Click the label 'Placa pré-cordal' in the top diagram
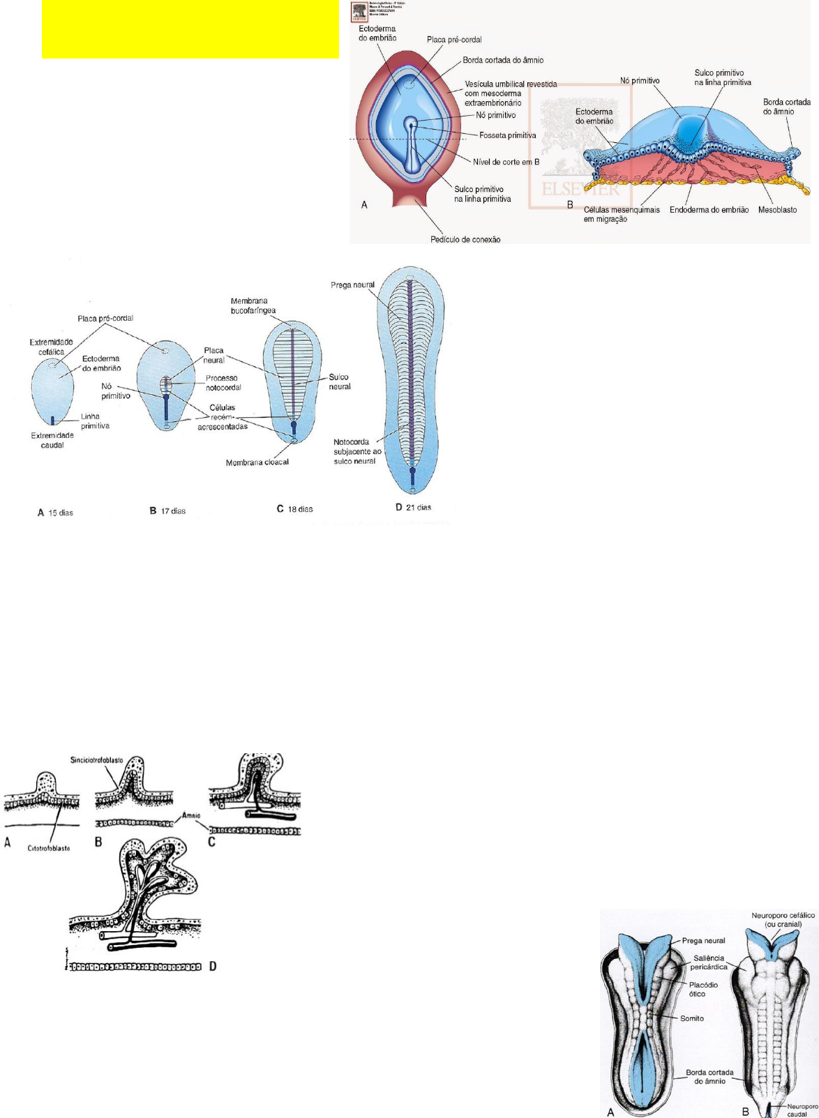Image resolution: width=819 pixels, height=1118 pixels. point(454,40)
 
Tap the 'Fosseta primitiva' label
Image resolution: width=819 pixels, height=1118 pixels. point(507,135)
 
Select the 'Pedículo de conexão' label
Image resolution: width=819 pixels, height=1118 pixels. point(465,239)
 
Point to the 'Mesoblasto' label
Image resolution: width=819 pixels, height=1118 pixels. point(777,210)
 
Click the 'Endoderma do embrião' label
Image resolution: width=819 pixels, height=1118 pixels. point(709,210)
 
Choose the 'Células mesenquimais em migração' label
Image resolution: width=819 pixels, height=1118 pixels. point(622,214)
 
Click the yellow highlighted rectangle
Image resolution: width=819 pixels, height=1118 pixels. point(190,29)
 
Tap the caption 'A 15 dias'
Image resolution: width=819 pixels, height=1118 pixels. point(55,513)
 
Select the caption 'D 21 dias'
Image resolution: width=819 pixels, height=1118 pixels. point(413,507)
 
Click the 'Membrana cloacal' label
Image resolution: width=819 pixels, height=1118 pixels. point(257,462)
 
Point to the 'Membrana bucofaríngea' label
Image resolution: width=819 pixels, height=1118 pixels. point(253,305)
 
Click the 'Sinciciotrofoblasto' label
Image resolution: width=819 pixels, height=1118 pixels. point(97,760)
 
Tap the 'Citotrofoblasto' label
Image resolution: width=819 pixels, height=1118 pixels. point(49,848)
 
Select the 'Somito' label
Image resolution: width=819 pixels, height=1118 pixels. point(692,1018)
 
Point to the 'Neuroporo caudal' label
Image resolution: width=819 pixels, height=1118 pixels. point(802,1110)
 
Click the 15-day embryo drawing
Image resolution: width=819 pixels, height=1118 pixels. point(53,394)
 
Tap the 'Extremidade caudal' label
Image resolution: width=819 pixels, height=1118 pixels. point(52,440)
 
